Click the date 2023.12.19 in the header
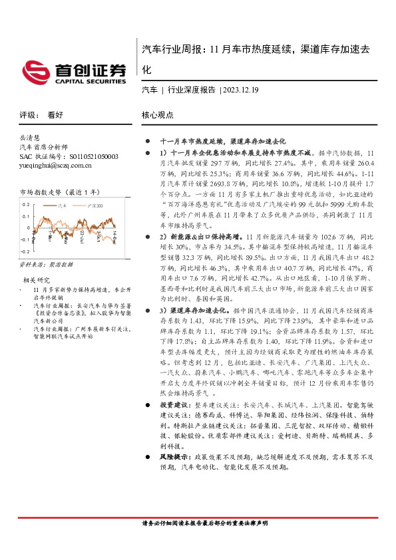click(241, 90)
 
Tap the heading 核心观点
click(158, 115)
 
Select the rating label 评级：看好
click(37, 115)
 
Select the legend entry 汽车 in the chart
click(61, 206)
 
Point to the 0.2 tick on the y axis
click(27, 205)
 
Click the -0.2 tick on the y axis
click(25, 252)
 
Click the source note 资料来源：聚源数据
click(47, 265)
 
